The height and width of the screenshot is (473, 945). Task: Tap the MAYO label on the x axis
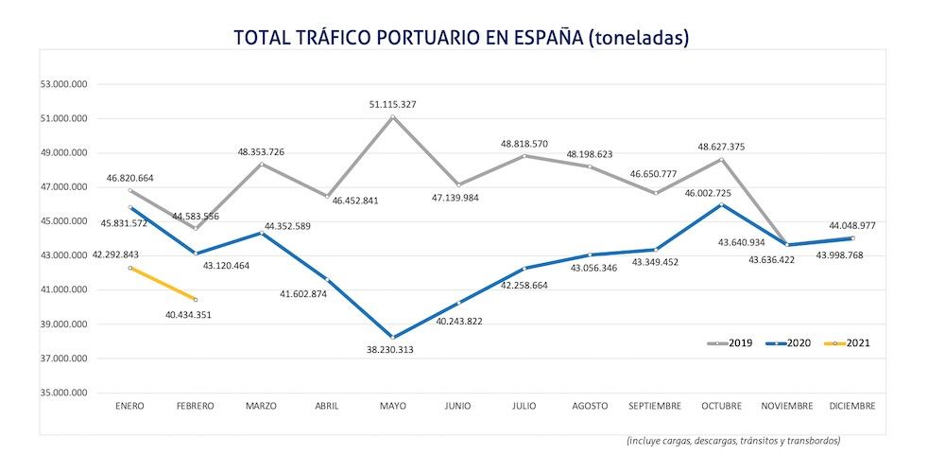pos(392,406)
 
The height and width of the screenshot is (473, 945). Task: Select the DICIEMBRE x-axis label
pos(851,406)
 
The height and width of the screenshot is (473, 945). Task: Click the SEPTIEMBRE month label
pos(654,406)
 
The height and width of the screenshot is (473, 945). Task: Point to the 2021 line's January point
pos(130,268)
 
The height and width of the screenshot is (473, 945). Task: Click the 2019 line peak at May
pos(392,116)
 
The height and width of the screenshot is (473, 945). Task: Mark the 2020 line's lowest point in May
pos(392,337)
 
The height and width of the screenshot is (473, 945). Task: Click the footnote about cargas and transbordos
pos(732,440)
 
